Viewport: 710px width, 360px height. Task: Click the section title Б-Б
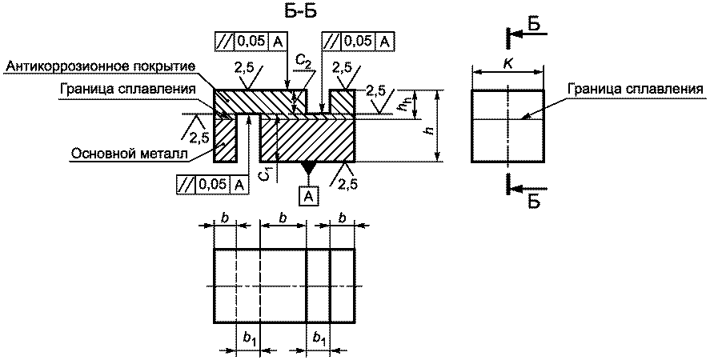pos(298,11)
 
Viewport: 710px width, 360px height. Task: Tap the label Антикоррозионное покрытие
pos(101,66)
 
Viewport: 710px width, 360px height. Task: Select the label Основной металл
pos(129,154)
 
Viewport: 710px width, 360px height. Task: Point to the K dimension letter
pos(507,63)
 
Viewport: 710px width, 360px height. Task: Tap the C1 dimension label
pos(267,174)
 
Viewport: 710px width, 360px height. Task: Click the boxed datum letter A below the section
pos(308,196)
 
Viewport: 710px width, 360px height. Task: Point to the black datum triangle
pos(308,167)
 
